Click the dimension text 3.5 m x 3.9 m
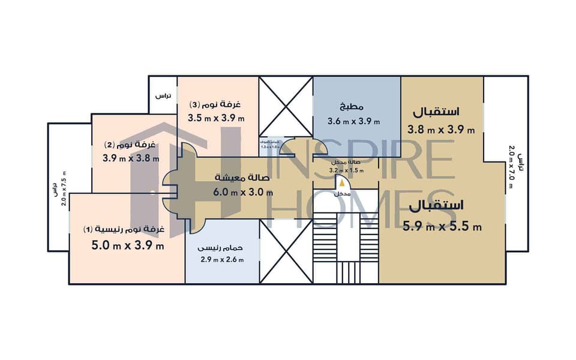tap(216, 118)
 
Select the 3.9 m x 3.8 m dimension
tap(131, 158)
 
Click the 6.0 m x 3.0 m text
tap(244, 193)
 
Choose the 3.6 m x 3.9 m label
tap(354, 121)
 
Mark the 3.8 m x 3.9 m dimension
tap(441, 129)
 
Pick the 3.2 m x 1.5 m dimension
tap(347, 170)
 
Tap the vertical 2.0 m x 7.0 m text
tap(511, 166)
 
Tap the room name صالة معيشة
tap(243, 178)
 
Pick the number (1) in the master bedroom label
tap(88, 229)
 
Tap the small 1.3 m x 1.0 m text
tap(271, 146)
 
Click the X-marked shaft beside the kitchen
tap(286, 105)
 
